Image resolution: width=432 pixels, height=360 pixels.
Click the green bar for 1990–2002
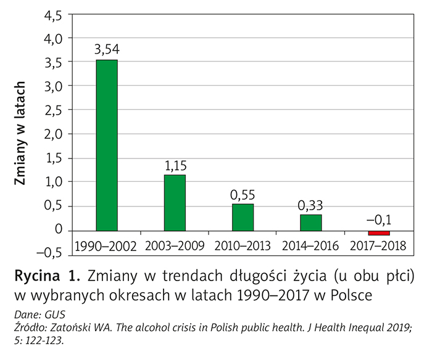coord(106,145)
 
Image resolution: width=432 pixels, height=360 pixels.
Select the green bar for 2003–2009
coord(175,202)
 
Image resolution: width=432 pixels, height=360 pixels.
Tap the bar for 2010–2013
coord(243,216)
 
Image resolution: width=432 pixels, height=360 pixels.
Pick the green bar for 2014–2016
coord(310,222)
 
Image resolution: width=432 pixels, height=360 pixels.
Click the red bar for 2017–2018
coord(378,232)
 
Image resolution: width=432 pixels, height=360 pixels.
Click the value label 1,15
coord(175,165)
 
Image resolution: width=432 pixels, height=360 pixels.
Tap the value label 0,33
coord(310,205)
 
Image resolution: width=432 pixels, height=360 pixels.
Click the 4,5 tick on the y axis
coord(52,15)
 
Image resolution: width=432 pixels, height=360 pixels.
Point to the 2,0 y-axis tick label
coord(52,134)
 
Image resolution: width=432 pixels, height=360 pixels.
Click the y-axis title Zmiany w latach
coord(21,133)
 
